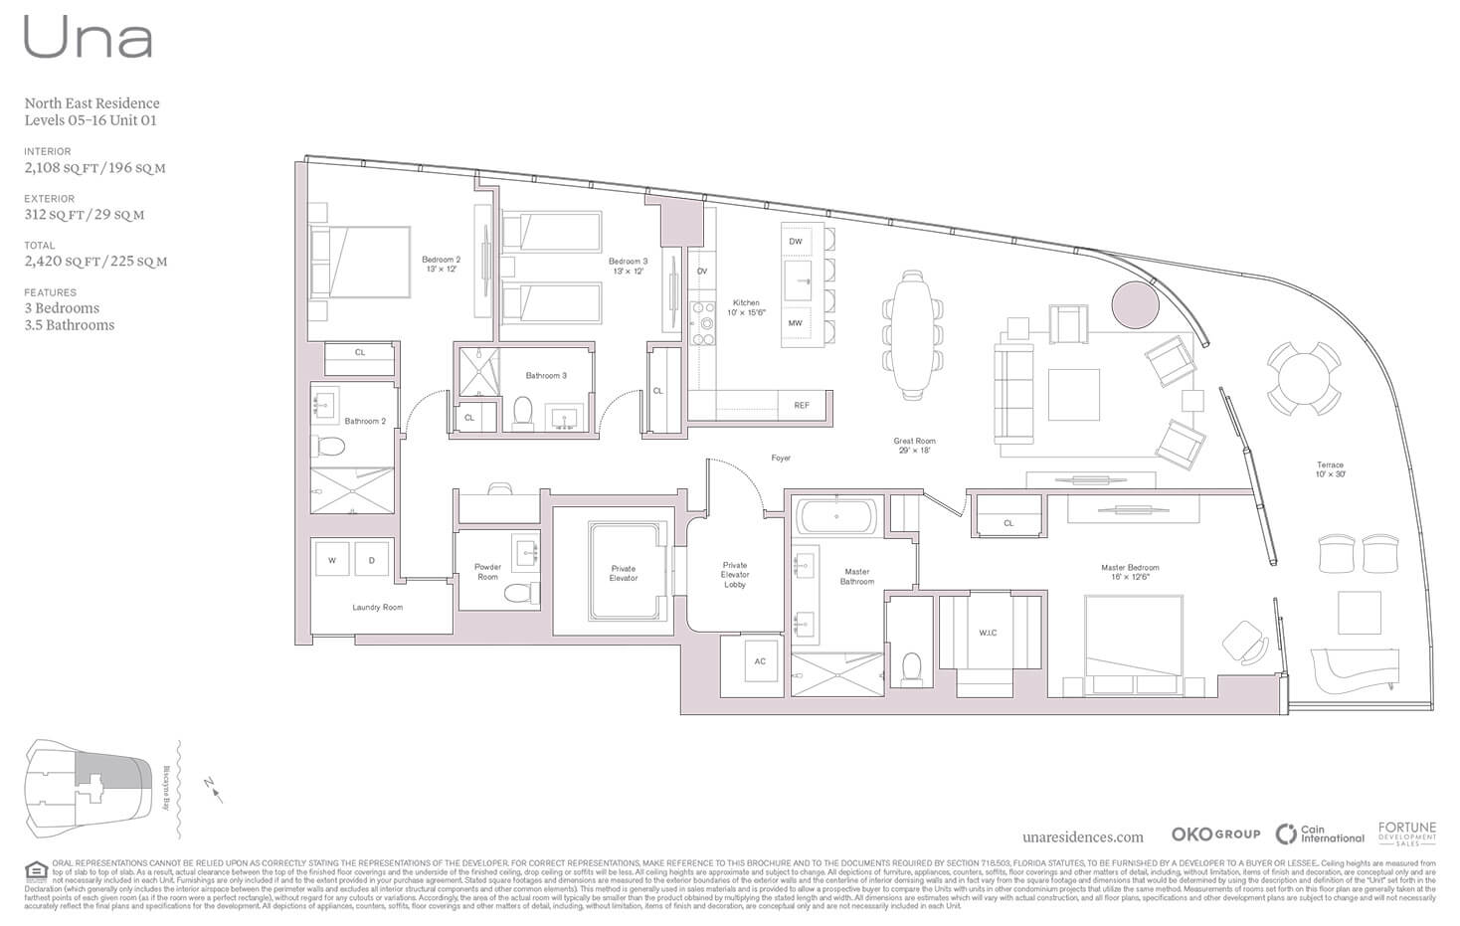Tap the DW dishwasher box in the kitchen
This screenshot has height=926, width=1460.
(x=796, y=242)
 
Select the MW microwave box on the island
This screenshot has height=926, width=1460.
(x=796, y=323)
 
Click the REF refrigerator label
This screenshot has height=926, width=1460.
(x=802, y=406)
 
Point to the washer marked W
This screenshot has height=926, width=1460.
(x=332, y=560)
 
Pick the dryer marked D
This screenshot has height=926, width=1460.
(x=372, y=560)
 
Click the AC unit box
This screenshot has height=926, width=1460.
(x=760, y=660)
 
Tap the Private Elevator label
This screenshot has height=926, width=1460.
(x=624, y=573)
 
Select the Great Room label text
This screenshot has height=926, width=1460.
(x=914, y=445)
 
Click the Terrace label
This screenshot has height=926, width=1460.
(x=1330, y=469)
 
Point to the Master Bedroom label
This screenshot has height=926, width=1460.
(x=1130, y=572)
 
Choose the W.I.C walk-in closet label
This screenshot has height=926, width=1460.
(x=988, y=633)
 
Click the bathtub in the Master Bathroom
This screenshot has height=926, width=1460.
(x=836, y=517)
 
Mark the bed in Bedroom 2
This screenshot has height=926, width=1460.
(x=360, y=262)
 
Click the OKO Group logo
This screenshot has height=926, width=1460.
(x=1214, y=834)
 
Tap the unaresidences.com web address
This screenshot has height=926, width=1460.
(x=1082, y=837)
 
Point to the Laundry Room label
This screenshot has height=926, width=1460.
(x=377, y=607)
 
